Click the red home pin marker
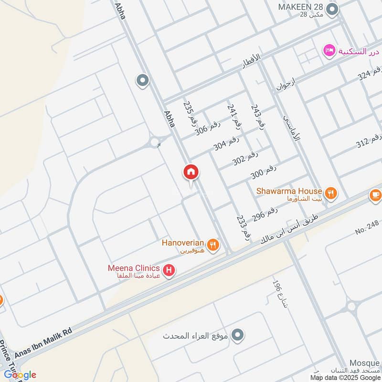[191, 172]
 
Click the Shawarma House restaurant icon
[330, 193]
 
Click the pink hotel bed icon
[329, 50]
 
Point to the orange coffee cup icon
[375, 195]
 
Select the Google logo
[20, 374]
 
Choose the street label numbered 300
[263, 172]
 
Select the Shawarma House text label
[289, 191]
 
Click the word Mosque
[364, 363]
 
